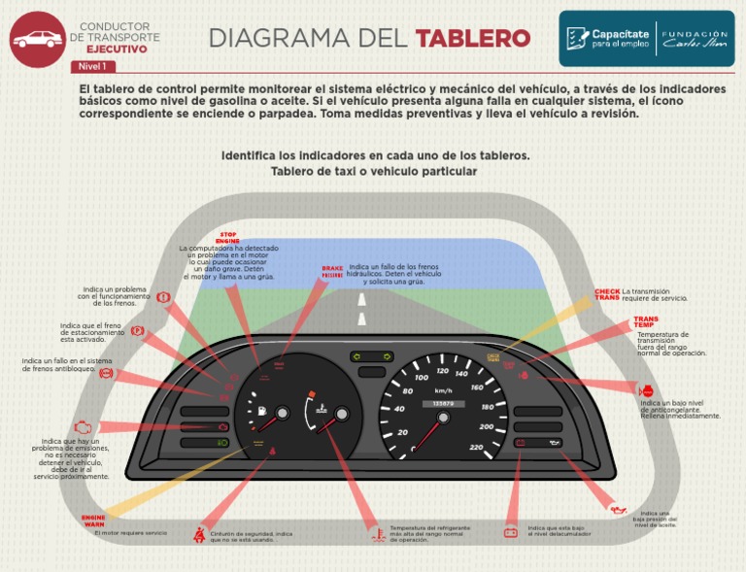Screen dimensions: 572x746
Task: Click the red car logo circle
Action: (36, 39)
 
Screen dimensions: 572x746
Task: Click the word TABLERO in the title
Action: (473, 38)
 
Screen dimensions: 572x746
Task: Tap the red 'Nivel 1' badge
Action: (93, 67)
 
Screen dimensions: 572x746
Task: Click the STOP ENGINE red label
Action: (227, 238)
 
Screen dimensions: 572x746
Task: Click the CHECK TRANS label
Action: (607, 294)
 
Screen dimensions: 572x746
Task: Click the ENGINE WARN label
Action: (93, 522)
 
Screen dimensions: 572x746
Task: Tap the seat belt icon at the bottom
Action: (199, 534)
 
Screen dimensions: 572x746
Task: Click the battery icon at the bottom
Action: (510, 532)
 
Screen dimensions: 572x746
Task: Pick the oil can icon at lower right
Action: (617, 508)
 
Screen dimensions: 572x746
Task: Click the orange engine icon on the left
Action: (85, 426)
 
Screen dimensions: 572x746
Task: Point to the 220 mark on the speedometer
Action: (476, 447)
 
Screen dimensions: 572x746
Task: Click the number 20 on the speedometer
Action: (402, 431)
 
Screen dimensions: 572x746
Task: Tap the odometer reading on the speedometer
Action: (443, 404)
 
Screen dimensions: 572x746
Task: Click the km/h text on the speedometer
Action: (443, 390)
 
